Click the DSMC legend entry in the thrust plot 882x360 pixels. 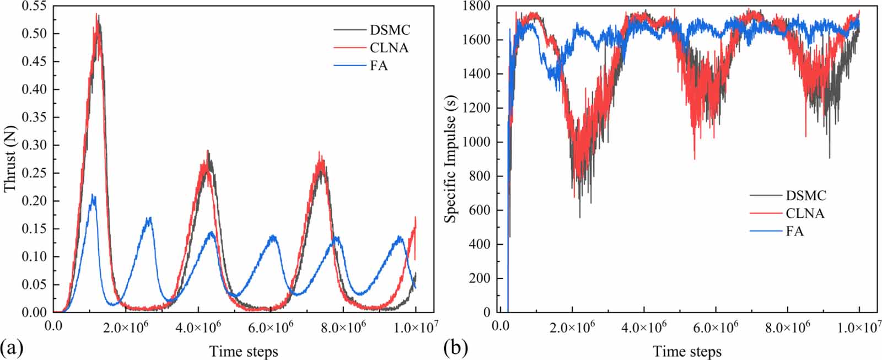coord(389,30)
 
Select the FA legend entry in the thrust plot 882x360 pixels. coord(379,66)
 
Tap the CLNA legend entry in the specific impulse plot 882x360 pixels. coord(805,213)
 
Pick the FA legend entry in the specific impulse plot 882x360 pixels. coord(794,232)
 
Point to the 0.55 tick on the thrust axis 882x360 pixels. coord(35,6)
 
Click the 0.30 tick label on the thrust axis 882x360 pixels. coord(35,146)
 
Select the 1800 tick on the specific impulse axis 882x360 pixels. coord(478,6)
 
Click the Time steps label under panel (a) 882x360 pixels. coord(243,351)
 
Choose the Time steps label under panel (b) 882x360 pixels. coord(687,351)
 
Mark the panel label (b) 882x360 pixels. coord(455,348)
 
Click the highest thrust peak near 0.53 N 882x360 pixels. coord(97,15)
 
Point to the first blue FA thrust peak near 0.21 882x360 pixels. coord(93,195)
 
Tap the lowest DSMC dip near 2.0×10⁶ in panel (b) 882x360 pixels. coord(579,217)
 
